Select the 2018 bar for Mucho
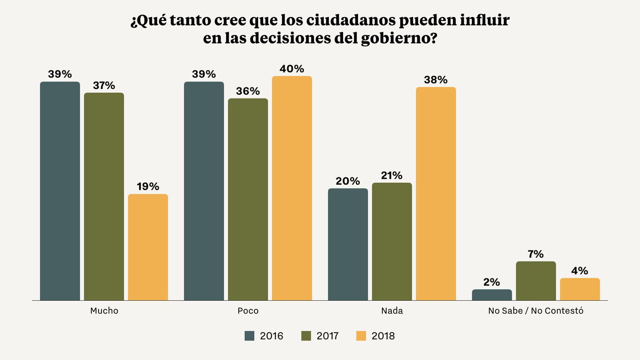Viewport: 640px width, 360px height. click(x=148, y=247)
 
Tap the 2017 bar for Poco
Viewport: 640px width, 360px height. click(x=248, y=199)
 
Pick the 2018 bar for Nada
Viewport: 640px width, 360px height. click(x=436, y=194)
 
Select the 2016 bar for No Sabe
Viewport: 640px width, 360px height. click(x=492, y=295)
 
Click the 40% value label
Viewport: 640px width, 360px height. click(x=292, y=69)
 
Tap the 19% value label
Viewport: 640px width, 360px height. click(x=148, y=187)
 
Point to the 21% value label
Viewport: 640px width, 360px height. click(x=392, y=176)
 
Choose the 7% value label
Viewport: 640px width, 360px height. click(x=535, y=254)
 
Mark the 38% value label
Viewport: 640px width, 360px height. click(x=436, y=80)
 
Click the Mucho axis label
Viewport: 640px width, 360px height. click(x=104, y=311)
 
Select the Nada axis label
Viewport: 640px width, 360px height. click(x=392, y=311)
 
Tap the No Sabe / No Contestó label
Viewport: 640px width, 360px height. click(x=535, y=311)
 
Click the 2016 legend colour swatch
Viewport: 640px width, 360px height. click(x=249, y=336)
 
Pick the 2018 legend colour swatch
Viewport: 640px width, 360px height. click(x=361, y=336)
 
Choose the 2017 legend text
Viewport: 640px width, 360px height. click(x=327, y=336)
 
